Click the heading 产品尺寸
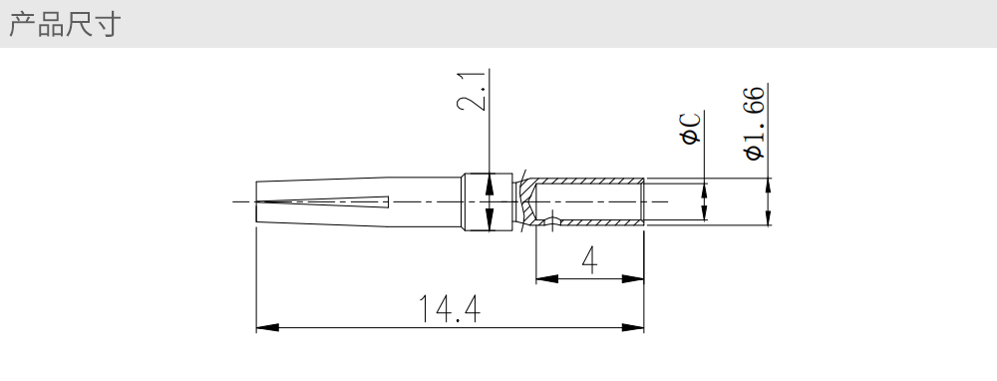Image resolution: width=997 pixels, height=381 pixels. pos(64,24)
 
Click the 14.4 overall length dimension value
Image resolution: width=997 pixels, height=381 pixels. pos(450,308)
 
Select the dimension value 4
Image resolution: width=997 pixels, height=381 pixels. pos(590,260)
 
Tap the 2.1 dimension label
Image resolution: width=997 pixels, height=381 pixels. pos(473,91)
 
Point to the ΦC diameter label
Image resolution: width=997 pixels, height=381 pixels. pos(691,129)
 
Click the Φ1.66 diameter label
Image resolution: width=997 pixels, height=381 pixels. pos(754,123)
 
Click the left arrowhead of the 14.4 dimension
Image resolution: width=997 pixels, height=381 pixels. pos(267,327)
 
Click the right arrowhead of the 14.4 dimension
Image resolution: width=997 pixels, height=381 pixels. pos(633,327)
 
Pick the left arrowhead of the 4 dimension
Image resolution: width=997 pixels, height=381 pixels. pos(546,278)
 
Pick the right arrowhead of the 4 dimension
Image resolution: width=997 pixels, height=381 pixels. pos(633,278)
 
